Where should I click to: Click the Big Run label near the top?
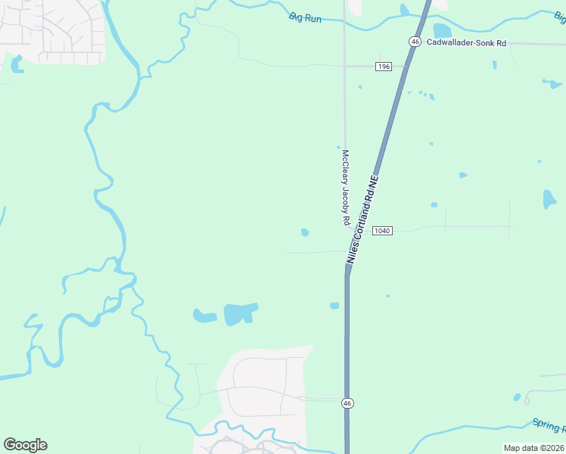[305, 17]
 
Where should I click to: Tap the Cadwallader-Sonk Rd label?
[465, 42]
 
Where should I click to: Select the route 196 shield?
[383, 67]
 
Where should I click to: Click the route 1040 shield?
[382, 230]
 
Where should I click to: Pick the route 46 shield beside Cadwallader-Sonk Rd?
[415, 42]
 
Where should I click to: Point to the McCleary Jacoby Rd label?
[345, 186]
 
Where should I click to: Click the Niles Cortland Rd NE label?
[362, 220]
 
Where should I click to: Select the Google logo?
[25, 445]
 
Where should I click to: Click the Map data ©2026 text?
[533, 448]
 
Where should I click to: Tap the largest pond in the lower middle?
[240, 313]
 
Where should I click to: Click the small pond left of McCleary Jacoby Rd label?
[305, 232]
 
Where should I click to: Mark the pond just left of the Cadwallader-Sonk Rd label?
[441, 31]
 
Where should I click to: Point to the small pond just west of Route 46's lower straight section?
[334, 306]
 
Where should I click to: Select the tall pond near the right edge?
[549, 199]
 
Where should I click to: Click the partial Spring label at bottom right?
[548, 424]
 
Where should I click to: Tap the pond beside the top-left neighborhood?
[17, 65]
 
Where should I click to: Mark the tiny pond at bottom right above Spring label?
[517, 397]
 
